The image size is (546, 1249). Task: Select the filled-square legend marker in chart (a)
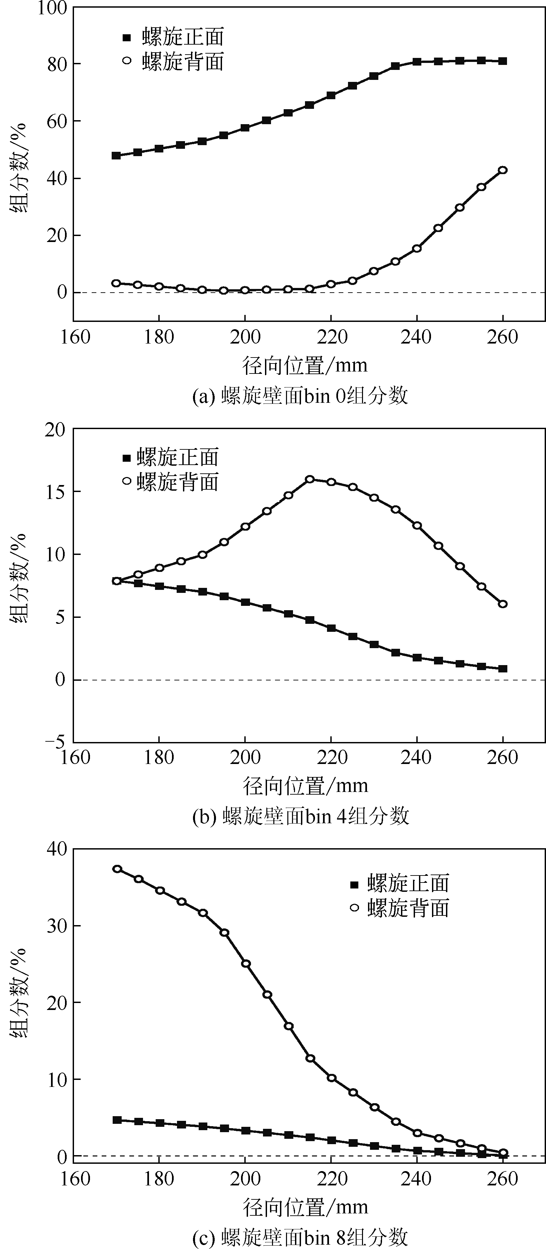127,37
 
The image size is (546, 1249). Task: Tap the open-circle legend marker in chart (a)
127,61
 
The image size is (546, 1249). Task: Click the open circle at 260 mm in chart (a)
503,170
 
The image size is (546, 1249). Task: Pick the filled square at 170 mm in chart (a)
116,156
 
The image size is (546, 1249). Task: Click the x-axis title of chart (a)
305,366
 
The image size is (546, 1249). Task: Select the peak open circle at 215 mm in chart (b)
309,479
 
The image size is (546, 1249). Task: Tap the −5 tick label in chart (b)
55,742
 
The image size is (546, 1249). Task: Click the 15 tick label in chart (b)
55,492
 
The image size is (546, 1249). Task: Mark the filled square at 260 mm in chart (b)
503,669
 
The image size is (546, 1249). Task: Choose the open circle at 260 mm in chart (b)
503,604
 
